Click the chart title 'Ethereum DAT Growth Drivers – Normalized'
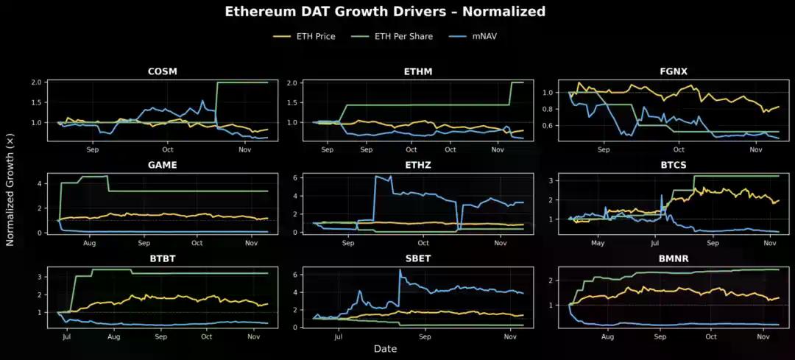pos(385,12)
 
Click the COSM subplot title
pos(162,71)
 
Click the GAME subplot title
pos(162,165)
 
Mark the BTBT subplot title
pos(162,259)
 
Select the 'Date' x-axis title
pos(385,349)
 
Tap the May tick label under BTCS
pos(598,243)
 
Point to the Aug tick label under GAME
pos(90,243)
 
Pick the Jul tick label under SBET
pos(339,337)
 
